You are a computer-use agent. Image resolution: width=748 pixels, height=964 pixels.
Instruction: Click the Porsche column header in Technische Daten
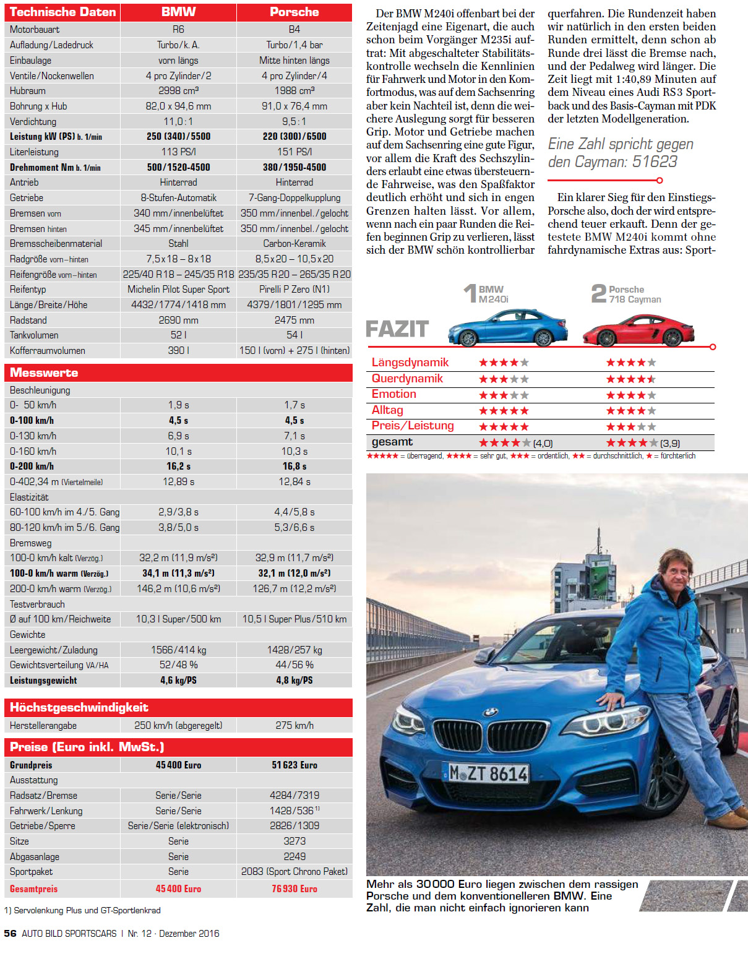point(294,12)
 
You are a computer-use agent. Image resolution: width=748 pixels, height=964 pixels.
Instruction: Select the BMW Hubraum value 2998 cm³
point(178,90)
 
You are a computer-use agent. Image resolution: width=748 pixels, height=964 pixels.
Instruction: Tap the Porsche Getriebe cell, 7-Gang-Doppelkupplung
point(294,198)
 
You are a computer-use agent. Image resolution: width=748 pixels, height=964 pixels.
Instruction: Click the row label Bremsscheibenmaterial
point(56,244)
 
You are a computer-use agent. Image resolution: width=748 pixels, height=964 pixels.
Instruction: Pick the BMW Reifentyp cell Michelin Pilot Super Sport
point(178,290)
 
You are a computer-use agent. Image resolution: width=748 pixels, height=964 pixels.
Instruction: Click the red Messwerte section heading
point(44,372)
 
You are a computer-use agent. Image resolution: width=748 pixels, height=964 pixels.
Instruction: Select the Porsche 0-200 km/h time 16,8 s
point(294,467)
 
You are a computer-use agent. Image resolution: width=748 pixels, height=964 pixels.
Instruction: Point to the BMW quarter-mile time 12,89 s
point(178,481)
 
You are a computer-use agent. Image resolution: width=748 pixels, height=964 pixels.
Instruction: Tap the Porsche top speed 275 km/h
point(294,725)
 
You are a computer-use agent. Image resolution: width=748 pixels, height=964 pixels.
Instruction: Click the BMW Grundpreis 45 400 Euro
point(178,765)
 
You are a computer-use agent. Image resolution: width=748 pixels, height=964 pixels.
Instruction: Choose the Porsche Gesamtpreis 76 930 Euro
point(294,889)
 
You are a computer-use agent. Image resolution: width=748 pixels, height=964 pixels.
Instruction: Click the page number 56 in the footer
point(10,934)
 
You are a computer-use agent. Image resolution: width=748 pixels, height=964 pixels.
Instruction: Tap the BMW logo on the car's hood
point(490,713)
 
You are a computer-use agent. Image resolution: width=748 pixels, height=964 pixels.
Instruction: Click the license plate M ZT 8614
point(489,773)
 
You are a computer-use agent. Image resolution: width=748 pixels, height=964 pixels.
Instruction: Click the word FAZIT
point(397,329)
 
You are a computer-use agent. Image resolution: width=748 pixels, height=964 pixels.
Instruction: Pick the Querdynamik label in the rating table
point(407,379)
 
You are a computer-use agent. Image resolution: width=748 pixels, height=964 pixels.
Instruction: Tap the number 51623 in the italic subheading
point(655,162)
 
